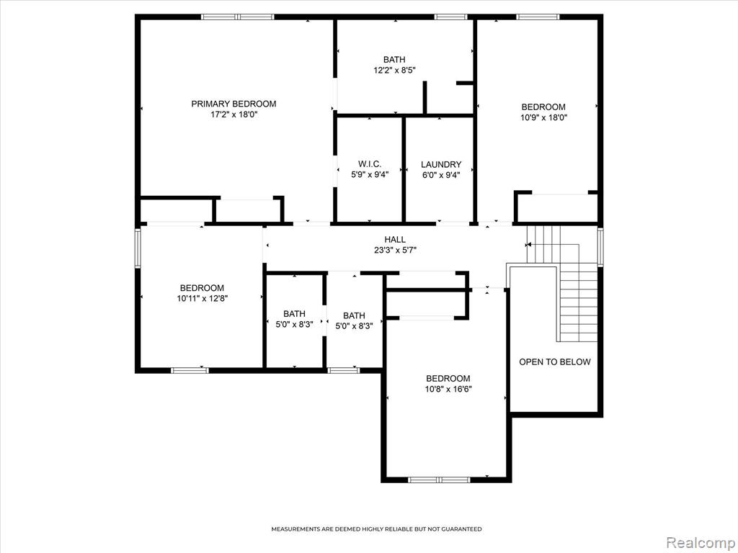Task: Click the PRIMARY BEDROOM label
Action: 234,104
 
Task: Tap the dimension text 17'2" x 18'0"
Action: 234,114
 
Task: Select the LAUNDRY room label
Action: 441,165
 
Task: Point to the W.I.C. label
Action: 370,164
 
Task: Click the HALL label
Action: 395,240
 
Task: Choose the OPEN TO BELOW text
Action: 554,362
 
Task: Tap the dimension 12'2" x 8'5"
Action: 394,71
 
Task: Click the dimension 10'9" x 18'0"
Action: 543,118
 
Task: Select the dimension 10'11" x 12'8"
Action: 203,299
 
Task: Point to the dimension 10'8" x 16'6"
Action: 448,390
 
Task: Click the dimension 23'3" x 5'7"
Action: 396,251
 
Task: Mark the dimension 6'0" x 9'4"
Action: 441,176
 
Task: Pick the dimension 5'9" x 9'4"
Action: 370,176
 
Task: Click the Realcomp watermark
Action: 701,543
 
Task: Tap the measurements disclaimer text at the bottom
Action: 376,529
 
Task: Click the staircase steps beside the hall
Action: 562,283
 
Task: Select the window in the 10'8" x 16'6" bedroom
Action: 439,480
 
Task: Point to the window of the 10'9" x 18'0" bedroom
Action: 538,17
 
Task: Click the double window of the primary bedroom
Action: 238,17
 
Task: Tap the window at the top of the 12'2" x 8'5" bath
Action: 451,17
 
